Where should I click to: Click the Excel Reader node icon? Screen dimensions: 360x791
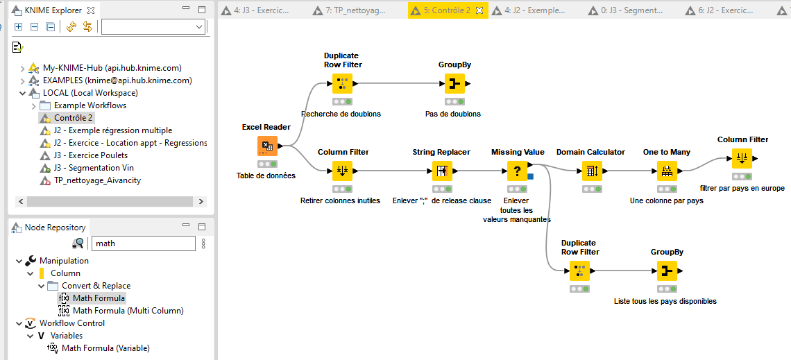[x=267, y=146]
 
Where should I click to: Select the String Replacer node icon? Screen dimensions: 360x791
[x=442, y=171]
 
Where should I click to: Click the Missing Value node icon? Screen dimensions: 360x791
[x=517, y=171]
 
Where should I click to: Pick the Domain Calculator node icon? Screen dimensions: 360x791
[x=591, y=171]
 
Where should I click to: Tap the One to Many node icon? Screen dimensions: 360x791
[x=667, y=171]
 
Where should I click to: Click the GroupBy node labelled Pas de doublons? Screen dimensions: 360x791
[x=454, y=84]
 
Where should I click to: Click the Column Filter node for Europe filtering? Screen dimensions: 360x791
[x=742, y=158]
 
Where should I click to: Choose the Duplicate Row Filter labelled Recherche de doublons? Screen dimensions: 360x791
[x=342, y=84]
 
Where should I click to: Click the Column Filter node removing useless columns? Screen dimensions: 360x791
[x=342, y=171]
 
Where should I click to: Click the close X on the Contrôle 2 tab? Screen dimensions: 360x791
[x=479, y=10]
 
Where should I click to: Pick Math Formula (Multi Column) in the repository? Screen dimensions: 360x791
[x=128, y=311]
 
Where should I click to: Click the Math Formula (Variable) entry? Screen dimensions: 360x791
[x=105, y=348]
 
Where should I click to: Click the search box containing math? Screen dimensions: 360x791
[x=144, y=243]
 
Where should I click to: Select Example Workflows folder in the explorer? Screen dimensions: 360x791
[x=90, y=105]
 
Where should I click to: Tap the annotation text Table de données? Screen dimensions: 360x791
[x=266, y=175]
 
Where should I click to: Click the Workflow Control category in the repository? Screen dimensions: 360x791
[x=72, y=323]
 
